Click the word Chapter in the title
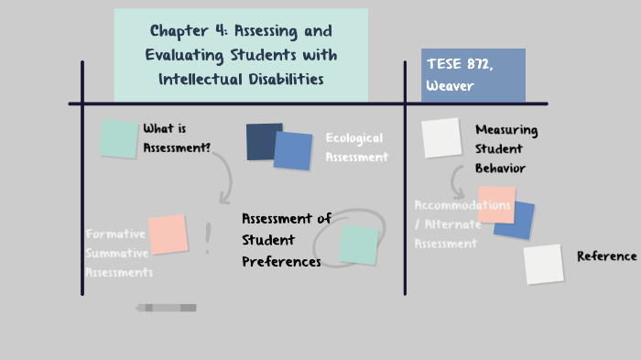click(x=180, y=31)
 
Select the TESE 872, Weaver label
click(x=473, y=74)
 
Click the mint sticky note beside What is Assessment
click(x=118, y=138)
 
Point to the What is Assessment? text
click(x=177, y=137)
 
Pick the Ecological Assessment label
click(x=356, y=147)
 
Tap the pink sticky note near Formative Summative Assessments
click(x=168, y=235)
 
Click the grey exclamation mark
click(x=208, y=238)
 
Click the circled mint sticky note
click(x=358, y=245)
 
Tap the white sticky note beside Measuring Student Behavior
click(x=440, y=137)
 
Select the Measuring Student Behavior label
click(x=505, y=148)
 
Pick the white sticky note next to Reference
click(x=543, y=264)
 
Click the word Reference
click(x=606, y=256)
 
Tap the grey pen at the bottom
click(x=167, y=308)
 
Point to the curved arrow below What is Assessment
click(x=223, y=176)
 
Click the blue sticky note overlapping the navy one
click(x=293, y=151)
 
